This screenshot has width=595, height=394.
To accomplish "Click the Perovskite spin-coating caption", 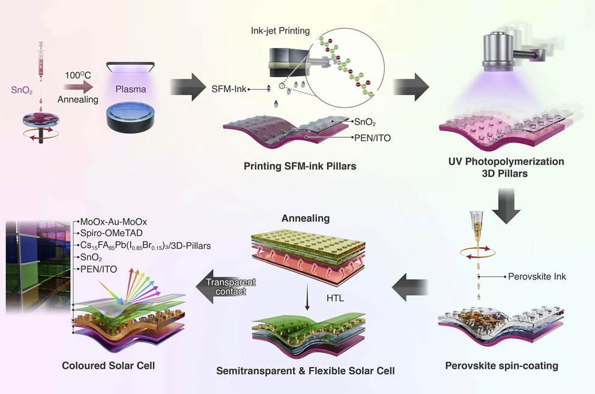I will pos(501,365).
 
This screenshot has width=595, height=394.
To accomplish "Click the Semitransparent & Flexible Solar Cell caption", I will pos(306,371).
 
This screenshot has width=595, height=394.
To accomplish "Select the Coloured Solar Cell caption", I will pos(109,365).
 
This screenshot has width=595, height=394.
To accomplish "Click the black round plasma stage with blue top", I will pos(130,118).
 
